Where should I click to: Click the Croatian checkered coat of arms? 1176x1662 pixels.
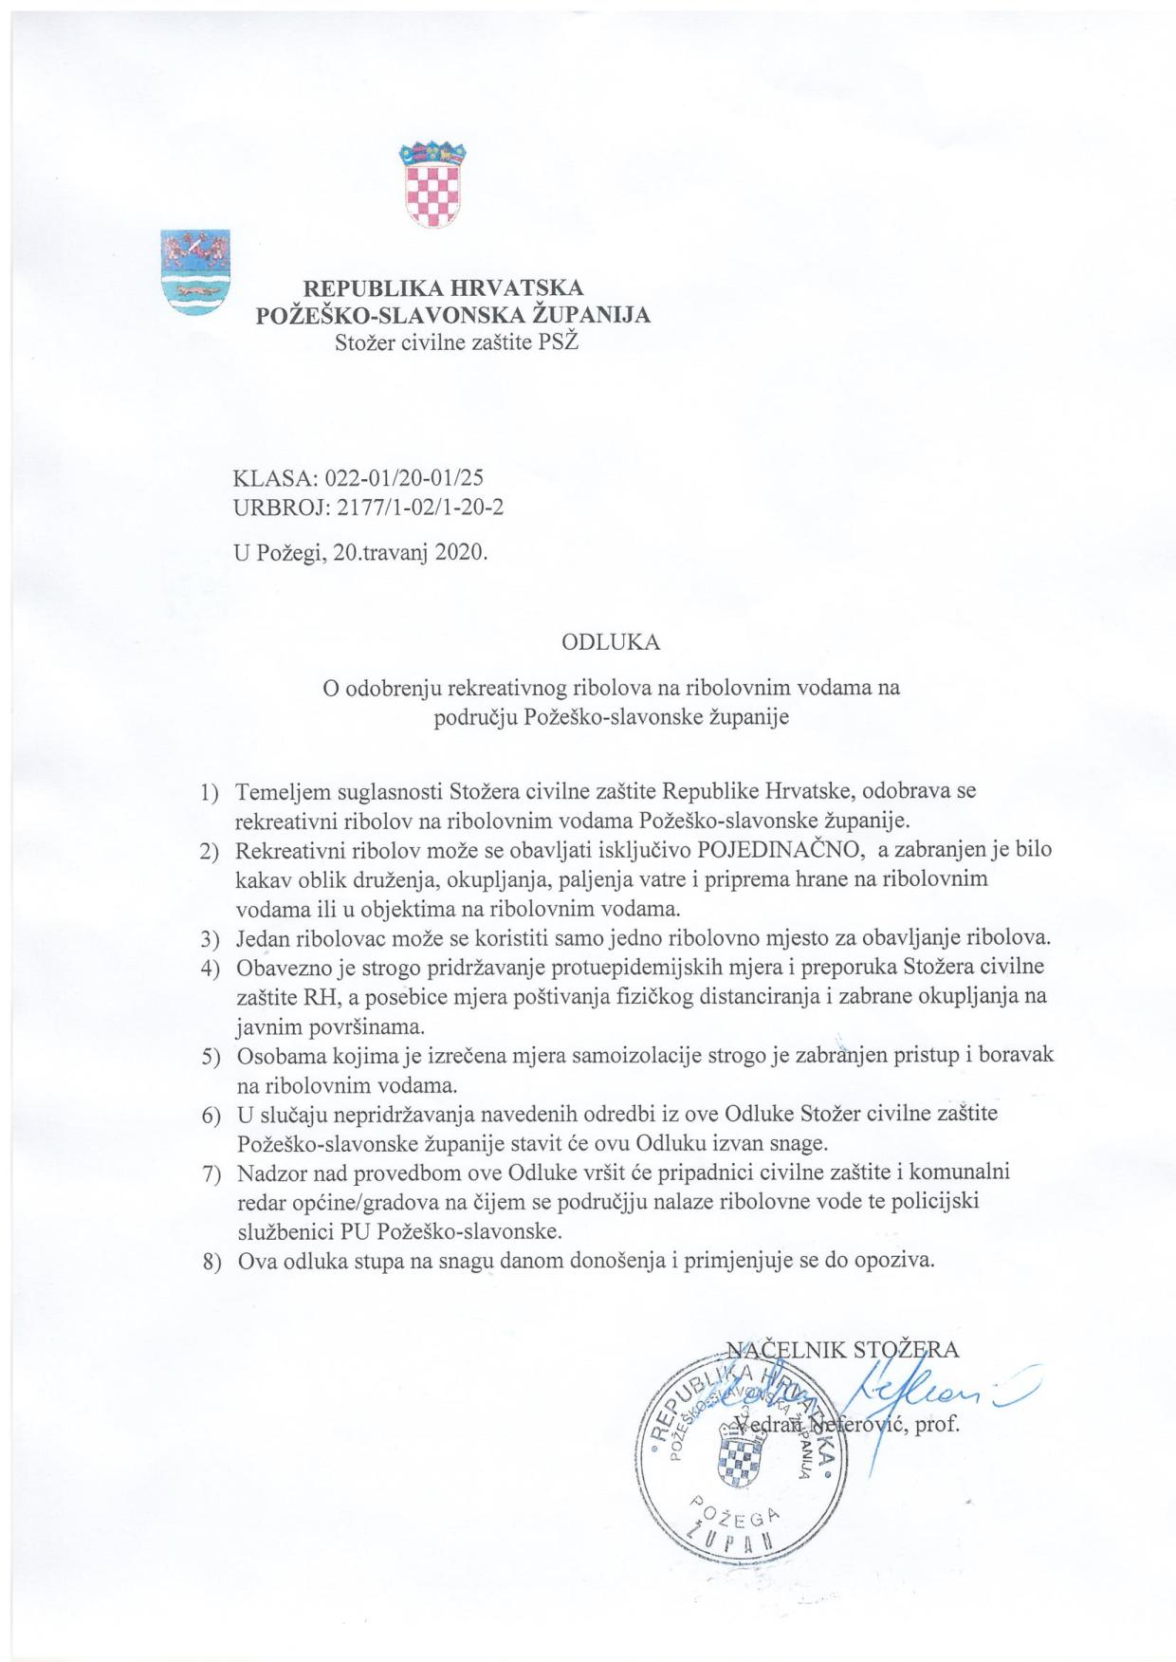coord(432,186)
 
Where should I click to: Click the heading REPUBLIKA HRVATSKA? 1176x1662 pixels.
coord(443,286)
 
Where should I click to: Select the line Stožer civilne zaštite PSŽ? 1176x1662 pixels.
coord(456,342)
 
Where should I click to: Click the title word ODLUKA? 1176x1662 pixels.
coord(611,642)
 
